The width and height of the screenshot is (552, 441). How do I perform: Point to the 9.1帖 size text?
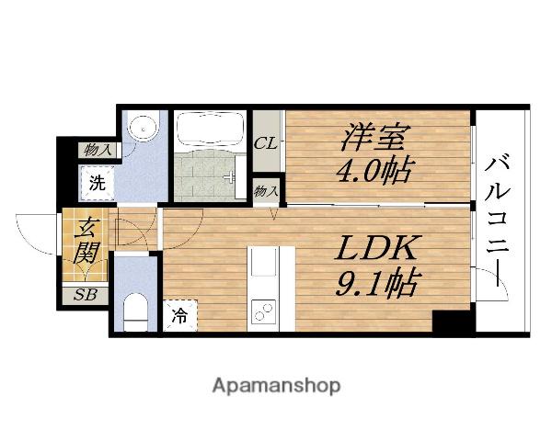[374, 282]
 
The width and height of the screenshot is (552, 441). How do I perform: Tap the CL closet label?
[267, 143]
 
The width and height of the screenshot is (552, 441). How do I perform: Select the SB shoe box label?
[85, 295]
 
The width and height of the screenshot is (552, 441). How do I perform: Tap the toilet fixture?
[135, 309]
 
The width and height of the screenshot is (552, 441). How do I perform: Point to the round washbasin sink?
[142, 128]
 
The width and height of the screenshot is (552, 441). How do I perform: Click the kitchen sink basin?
[261, 264]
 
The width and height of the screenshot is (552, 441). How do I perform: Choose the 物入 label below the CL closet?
[267, 190]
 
